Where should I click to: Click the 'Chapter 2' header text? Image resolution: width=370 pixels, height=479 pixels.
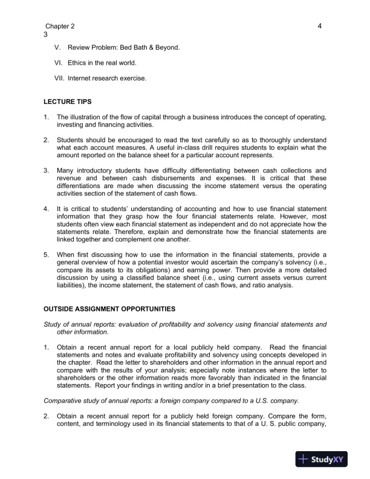[60, 27]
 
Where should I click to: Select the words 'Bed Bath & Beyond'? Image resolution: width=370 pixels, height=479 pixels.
[150, 47]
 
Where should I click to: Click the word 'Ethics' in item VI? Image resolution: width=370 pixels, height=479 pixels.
[78, 63]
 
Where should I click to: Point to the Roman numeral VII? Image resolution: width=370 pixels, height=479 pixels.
[59, 78]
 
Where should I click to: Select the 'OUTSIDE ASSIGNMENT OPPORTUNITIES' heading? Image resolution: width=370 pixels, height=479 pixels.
[110, 310]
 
